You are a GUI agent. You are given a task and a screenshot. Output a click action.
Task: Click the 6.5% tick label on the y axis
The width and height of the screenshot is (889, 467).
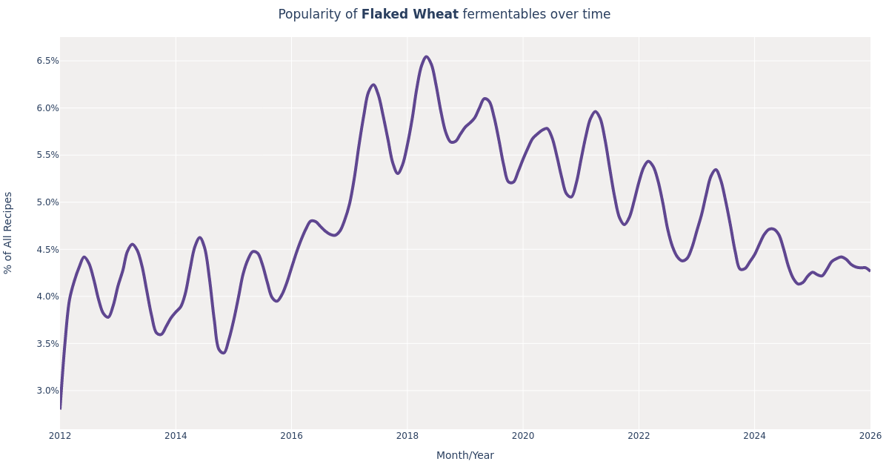(x=47, y=61)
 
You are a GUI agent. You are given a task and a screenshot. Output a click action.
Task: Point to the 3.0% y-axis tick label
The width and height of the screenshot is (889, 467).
(x=47, y=391)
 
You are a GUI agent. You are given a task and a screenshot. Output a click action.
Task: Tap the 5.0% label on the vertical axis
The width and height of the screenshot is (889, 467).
(x=47, y=202)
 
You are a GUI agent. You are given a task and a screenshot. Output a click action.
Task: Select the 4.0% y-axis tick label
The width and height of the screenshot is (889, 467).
(x=47, y=297)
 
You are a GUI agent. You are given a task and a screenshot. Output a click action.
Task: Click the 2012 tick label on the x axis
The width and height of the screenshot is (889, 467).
(x=60, y=436)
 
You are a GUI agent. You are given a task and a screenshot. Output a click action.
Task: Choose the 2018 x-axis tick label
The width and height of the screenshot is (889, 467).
(x=407, y=436)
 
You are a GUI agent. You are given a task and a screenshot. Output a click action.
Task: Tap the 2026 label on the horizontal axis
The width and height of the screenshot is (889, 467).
(x=870, y=436)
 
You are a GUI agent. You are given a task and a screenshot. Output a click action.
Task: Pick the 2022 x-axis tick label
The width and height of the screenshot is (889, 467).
(x=639, y=436)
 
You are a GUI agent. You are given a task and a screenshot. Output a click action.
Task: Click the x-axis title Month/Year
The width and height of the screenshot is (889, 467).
(x=465, y=456)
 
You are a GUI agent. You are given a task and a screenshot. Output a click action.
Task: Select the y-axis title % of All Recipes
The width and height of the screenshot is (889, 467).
(x=9, y=233)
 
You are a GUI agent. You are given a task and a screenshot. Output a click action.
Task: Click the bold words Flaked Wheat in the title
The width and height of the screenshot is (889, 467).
(x=410, y=15)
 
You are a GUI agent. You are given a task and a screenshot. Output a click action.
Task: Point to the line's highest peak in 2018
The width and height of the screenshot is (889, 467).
(x=426, y=57)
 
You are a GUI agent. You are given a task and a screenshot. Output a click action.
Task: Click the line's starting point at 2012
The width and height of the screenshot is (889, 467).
(x=61, y=408)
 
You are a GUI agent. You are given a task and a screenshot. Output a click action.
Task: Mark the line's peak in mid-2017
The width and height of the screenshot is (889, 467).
(x=373, y=85)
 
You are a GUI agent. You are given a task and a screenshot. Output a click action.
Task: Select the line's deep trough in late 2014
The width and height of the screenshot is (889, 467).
(x=222, y=353)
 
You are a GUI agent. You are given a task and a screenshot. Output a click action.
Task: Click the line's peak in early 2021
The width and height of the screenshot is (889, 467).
(x=595, y=112)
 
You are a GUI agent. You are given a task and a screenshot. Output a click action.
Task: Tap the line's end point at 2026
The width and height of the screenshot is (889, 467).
(x=870, y=271)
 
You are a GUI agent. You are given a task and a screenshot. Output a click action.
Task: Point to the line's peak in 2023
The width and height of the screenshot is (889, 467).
(x=715, y=170)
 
